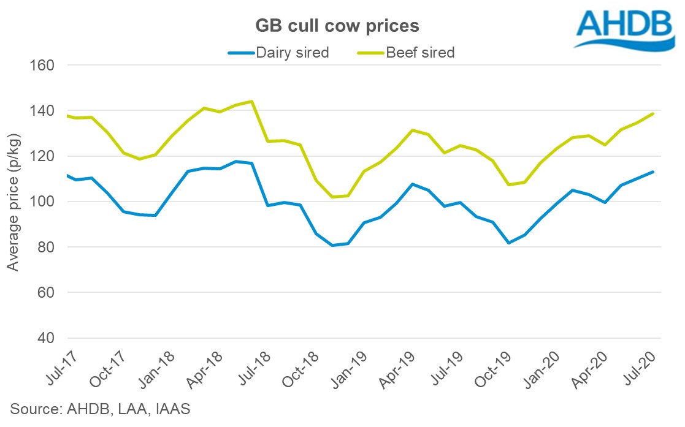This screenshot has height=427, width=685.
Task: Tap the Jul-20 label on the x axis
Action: coord(643,368)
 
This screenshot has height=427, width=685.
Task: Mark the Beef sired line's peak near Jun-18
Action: coord(251,101)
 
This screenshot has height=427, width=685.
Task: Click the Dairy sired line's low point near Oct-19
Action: coord(508,243)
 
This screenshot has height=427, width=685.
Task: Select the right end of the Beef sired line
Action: coord(653,113)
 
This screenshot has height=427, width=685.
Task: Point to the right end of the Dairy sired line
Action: coord(653,172)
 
